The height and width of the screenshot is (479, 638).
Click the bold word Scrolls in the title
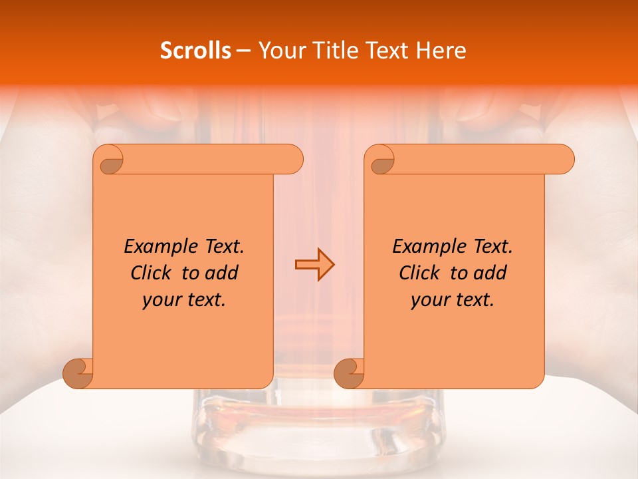(195, 51)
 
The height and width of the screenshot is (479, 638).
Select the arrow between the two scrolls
(314, 265)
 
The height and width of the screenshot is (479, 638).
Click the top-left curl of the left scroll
(110, 159)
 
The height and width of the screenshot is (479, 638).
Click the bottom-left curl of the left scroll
(78, 373)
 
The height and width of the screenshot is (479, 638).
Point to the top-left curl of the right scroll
(381, 160)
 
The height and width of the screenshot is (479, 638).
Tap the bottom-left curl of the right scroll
(349, 373)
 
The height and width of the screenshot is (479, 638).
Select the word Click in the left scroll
(154, 273)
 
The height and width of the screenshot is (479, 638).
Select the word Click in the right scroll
(422, 273)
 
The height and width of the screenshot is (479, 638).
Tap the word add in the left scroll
(221, 273)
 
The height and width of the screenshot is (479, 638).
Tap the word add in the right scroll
(490, 273)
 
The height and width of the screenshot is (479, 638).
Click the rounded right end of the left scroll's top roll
(294, 160)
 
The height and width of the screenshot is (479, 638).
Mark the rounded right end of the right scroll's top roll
(566, 160)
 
